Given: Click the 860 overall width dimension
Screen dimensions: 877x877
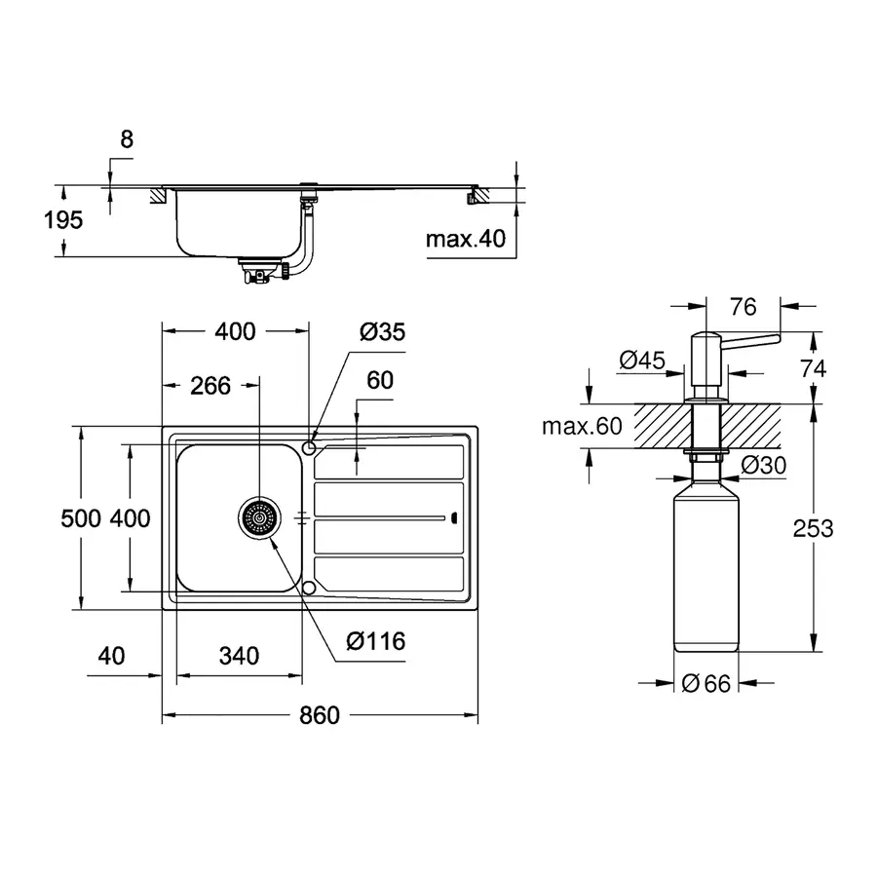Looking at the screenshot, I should (319, 715).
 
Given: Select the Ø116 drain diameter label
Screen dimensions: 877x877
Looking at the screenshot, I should (375, 641).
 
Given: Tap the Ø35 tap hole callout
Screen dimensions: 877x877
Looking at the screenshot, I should (381, 331).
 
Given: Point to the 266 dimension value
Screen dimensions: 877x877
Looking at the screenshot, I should (210, 385).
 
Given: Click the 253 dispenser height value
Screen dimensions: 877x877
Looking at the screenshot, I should (814, 528).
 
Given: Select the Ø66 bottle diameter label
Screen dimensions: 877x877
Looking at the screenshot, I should (705, 684).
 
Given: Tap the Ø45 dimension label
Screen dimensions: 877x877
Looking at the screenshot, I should (641, 361).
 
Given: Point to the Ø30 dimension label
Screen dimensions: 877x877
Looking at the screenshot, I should (763, 466).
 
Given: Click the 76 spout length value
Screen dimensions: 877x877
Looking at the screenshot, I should (743, 308).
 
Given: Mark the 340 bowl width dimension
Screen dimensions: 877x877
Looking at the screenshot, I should (238, 655).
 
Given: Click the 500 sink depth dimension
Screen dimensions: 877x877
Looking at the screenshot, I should (80, 518).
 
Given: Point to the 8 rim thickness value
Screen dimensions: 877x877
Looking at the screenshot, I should (126, 139).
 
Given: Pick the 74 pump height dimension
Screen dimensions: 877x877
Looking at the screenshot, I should (813, 368).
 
